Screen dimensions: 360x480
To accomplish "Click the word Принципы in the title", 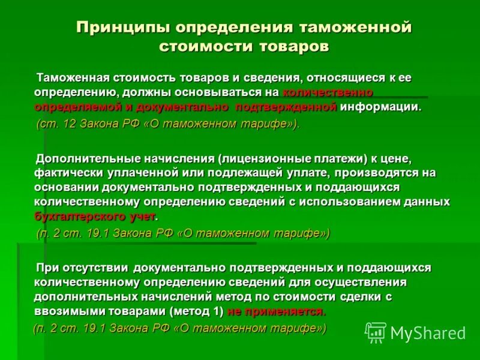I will click(x=121, y=28).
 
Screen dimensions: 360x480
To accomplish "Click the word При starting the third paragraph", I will click(x=46, y=268).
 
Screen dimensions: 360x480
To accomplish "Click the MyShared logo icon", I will click(x=376, y=332).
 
